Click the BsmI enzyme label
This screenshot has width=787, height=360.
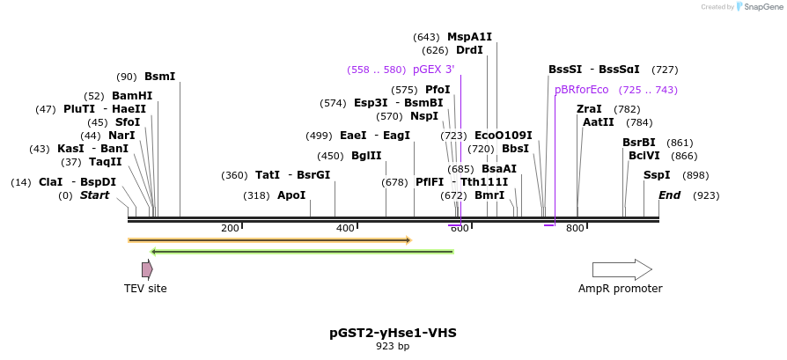click(x=160, y=77)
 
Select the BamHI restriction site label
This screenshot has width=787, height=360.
click(x=132, y=96)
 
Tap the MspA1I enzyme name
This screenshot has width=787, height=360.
click(x=469, y=37)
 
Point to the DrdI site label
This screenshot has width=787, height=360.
click(x=469, y=50)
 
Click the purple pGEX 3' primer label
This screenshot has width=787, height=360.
click(x=433, y=70)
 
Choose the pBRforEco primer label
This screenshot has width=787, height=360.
click(x=581, y=90)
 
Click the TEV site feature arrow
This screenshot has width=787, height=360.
click(x=147, y=269)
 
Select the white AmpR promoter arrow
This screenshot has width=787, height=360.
click(x=622, y=269)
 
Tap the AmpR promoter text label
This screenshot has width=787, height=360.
click(x=620, y=289)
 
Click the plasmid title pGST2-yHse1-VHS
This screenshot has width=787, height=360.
click(x=393, y=333)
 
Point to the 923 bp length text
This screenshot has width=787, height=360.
click(x=393, y=347)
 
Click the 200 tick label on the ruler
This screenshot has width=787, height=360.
click(x=230, y=229)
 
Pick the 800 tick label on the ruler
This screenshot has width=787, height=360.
click(x=575, y=229)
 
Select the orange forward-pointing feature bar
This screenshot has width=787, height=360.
click(x=269, y=239)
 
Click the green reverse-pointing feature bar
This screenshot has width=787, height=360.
click(x=303, y=252)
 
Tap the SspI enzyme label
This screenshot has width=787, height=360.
click(x=657, y=175)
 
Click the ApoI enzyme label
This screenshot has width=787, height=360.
click(x=291, y=195)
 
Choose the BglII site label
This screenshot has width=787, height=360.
click(x=366, y=156)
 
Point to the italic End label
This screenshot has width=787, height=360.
click(x=669, y=195)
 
